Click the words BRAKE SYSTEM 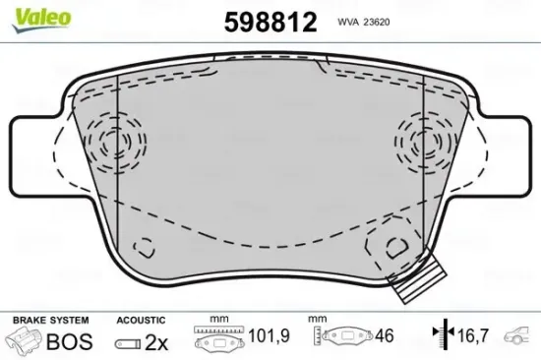(48, 321)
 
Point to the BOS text (71, 342)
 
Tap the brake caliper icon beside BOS (27, 342)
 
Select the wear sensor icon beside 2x (129, 343)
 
